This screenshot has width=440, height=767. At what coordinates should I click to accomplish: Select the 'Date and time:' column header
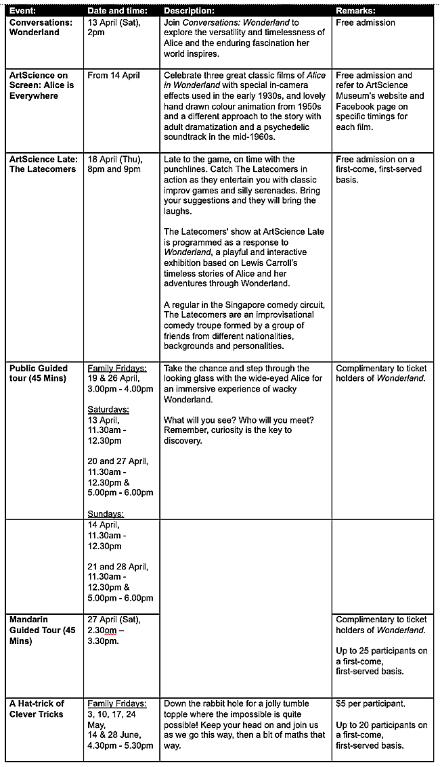click(115, 11)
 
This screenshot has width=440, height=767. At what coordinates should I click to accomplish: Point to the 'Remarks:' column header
click(356, 11)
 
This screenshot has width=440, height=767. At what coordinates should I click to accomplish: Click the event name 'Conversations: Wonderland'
click(41, 27)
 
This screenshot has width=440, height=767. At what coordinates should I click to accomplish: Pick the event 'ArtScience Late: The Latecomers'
click(43, 164)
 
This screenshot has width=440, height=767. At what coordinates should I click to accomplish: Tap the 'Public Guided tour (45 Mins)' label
click(39, 373)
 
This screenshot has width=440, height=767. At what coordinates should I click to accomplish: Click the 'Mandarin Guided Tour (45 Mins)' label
click(42, 630)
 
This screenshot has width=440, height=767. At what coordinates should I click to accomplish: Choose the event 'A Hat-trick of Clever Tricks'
click(37, 709)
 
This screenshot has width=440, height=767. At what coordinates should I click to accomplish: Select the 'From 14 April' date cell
click(114, 75)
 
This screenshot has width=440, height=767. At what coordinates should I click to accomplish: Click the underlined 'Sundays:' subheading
click(106, 514)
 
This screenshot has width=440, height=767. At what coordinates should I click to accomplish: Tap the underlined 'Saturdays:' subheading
click(108, 409)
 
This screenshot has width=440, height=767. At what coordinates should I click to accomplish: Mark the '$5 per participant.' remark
click(370, 704)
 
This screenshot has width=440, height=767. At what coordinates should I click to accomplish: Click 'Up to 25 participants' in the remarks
click(382, 651)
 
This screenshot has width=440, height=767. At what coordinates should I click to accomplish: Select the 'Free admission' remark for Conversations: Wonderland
click(366, 22)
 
